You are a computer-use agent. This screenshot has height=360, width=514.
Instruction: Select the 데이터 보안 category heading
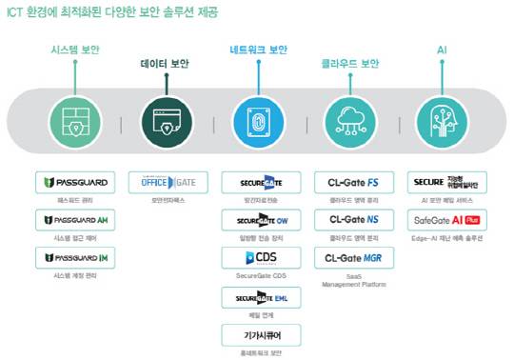(166, 65)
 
